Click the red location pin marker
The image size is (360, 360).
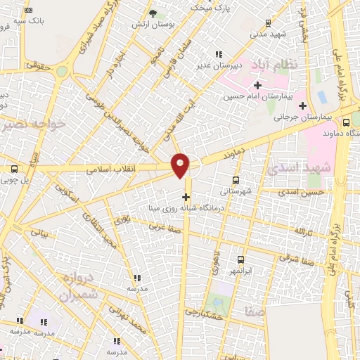point(181,165)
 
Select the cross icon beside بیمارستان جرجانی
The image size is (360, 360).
point(302,107)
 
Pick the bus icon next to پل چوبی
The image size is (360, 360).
point(14,169)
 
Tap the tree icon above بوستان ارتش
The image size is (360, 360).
point(154,13)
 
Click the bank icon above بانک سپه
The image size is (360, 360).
point(28,11)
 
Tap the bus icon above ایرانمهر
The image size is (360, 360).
point(240,259)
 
